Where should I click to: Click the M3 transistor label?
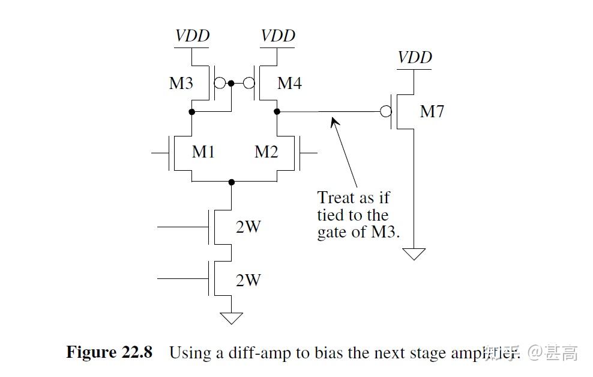(x=181, y=83)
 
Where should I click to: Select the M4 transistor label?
(x=289, y=83)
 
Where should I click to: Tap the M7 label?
(x=432, y=111)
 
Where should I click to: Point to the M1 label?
(x=203, y=152)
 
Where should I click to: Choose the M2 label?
(x=266, y=152)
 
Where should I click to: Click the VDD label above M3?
(x=192, y=35)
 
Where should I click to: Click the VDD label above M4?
(x=278, y=35)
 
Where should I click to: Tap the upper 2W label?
(x=248, y=227)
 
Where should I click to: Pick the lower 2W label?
(x=248, y=280)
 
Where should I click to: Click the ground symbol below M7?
(x=414, y=254)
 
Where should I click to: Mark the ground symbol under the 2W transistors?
(x=231, y=318)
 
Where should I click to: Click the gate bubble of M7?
(x=386, y=112)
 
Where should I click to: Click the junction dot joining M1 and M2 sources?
(x=231, y=182)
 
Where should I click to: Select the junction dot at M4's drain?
(x=277, y=112)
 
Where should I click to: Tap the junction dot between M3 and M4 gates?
(x=231, y=84)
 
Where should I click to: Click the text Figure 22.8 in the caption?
(x=109, y=352)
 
